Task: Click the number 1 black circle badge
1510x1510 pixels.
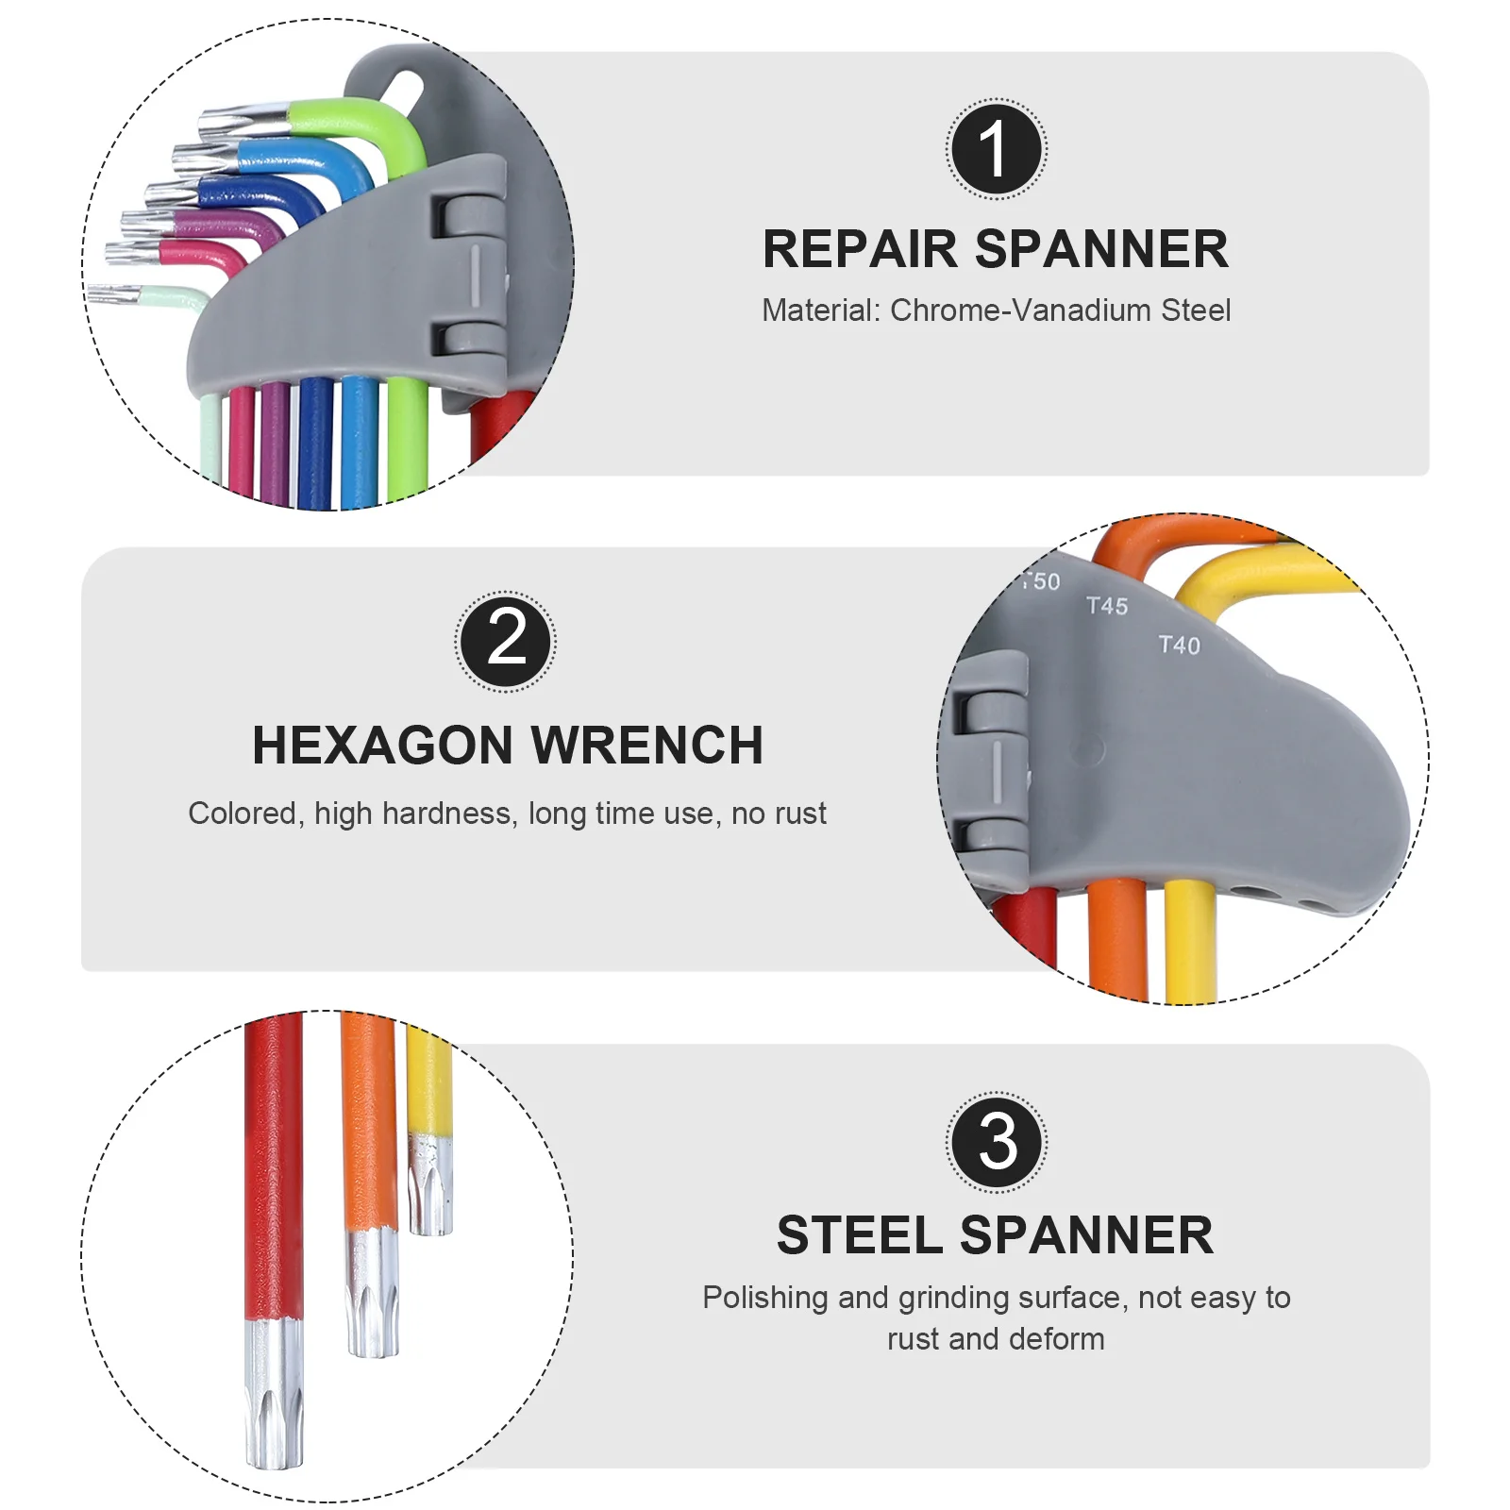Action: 996,149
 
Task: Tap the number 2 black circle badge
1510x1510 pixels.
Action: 506,642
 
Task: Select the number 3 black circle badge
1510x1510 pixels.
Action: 996,1142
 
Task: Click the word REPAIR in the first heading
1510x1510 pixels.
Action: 860,250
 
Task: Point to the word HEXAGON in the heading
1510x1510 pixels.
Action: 384,746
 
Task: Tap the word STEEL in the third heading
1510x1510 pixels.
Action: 860,1235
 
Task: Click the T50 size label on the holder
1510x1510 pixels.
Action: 1042,581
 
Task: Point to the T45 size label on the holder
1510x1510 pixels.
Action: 1106,606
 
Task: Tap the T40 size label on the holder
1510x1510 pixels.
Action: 1179,646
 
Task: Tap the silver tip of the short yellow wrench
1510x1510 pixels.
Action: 430,1184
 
